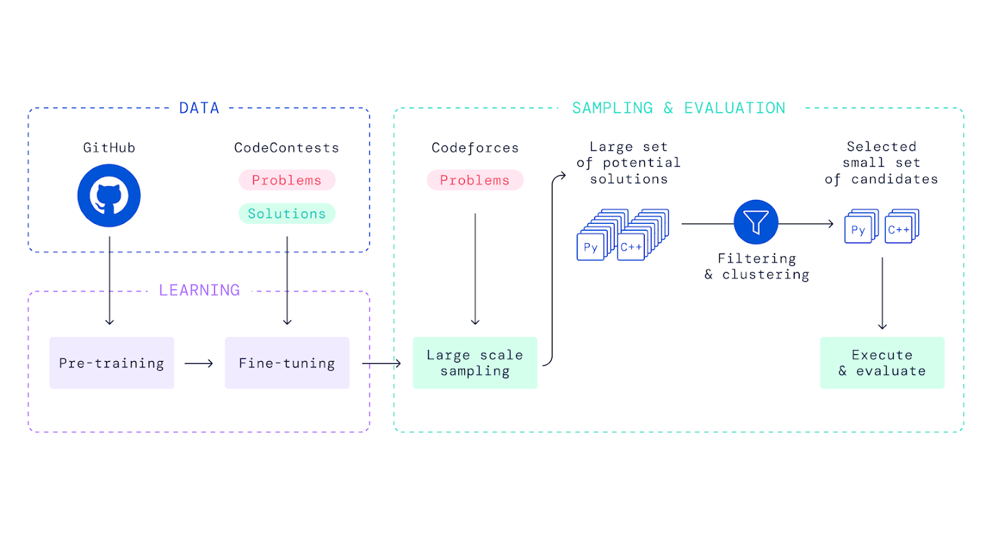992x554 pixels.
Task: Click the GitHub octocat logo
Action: coord(109,196)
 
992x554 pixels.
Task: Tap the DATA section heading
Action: coord(199,108)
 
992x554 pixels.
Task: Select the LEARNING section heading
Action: coord(199,290)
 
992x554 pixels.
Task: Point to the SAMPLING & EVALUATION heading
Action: coord(679,108)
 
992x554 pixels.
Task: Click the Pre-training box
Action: coord(112,363)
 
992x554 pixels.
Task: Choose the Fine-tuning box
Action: coord(287,363)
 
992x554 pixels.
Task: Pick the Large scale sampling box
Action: coord(475,363)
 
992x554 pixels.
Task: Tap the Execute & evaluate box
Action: coord(882,363)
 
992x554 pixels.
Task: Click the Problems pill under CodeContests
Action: coord(287,181)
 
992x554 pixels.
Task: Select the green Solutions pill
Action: coord(287,214)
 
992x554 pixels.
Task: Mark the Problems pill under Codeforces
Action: coord(475,181)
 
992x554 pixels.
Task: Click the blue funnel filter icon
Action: coord(756,223)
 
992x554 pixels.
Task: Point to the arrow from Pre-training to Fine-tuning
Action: coord(199,363)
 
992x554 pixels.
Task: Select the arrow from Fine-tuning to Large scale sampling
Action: coord(381,363)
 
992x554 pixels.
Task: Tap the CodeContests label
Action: coord(287,147)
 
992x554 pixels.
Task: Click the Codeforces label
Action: coord(475,147)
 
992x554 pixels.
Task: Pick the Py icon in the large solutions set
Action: coord(590,247)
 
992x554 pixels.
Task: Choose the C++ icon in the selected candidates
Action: coord(898,231)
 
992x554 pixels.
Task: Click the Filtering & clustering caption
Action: coord(756,267)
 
